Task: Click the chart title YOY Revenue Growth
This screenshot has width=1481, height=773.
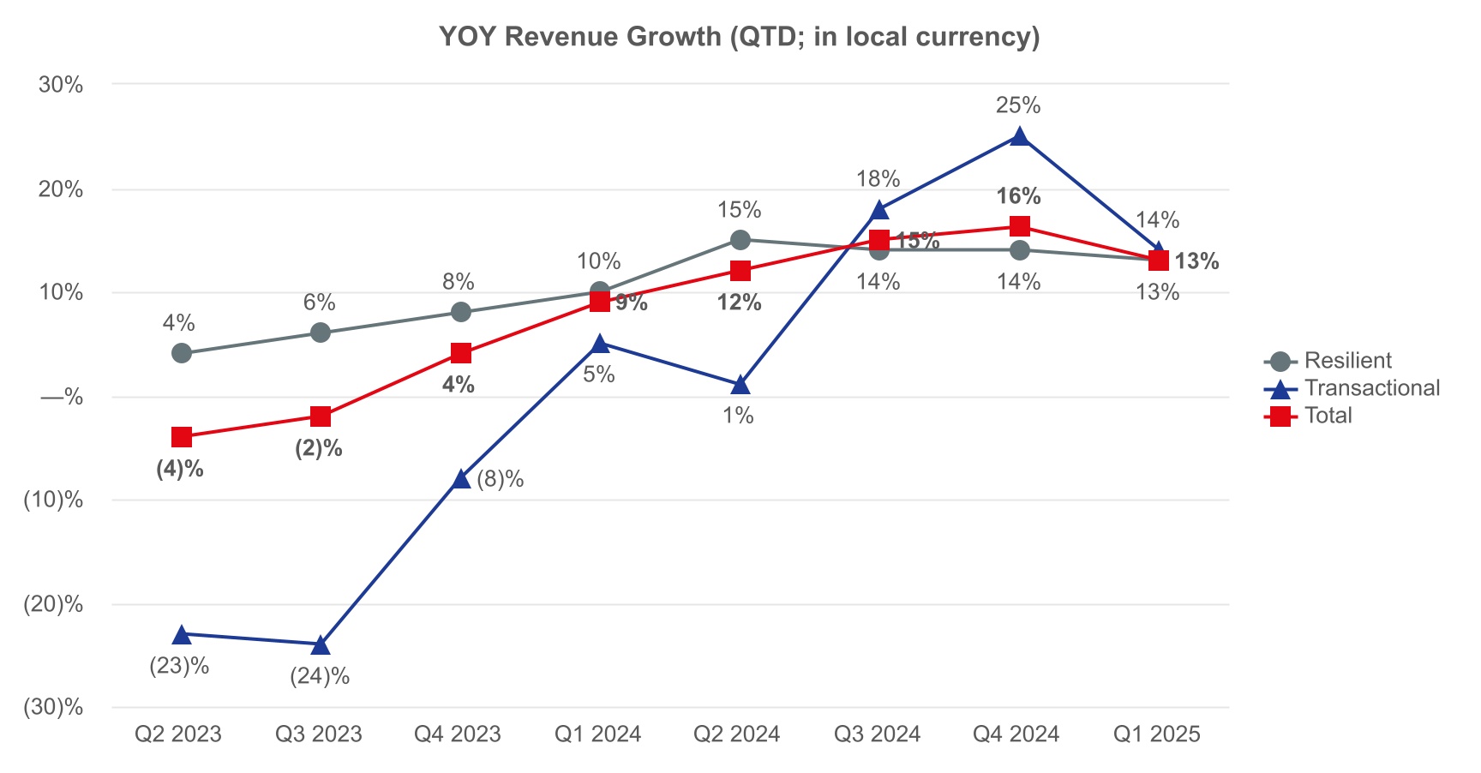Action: pos(739,37)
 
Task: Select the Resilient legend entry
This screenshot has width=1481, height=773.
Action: pos(1346,361)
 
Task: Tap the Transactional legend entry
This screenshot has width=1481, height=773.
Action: pos(1370,388)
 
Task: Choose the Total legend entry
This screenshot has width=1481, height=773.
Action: pos(1328,416)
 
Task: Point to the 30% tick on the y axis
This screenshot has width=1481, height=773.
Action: pos(60,85)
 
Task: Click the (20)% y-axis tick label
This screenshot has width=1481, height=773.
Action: pos(53,604)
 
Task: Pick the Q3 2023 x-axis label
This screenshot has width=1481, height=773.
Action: pos(319,734)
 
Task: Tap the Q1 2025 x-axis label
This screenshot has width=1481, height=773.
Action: pos(1156,734)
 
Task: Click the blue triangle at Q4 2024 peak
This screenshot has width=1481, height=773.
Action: pos(1019,136)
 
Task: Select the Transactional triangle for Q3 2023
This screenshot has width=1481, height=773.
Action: pos(321,644)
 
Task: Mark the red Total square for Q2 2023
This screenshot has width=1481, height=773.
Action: pos(182,437)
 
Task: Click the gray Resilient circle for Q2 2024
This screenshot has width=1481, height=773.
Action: pos(740,240)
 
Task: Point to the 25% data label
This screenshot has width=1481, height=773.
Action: pos(1018,105)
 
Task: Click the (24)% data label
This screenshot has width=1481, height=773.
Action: pos(320,676)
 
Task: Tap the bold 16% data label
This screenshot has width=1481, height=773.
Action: pos(1018,196)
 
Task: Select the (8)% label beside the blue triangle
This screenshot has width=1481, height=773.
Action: pos(501,479)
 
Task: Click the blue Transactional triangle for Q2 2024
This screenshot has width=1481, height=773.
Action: pos(740,385)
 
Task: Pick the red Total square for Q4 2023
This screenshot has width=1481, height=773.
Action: pos(461,353)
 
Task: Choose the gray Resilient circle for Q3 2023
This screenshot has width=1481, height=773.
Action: pos(321,333)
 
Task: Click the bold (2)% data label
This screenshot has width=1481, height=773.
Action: pos(319,448)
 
